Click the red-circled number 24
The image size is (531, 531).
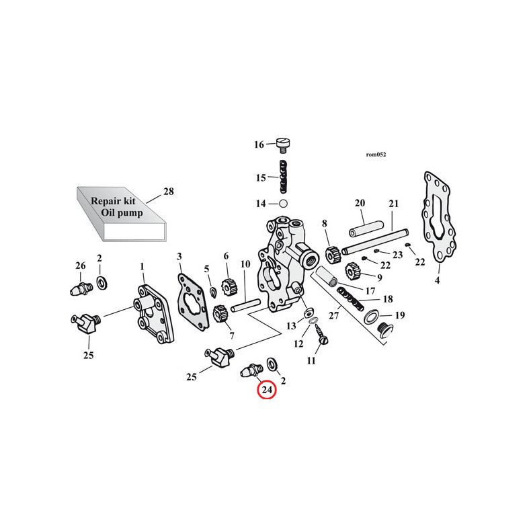tap(267, 390)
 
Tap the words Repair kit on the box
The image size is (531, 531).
tap(113, 201)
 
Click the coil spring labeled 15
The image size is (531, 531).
tap(284, 177)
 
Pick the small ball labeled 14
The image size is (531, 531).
tap(283, 203)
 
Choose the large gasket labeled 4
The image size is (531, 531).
tap(440, 222)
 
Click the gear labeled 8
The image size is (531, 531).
tap(330, 255)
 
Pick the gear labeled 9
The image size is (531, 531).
tap(352, 272)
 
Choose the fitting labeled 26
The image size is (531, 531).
tap(81, 290)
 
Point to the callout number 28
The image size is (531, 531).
tap(168, 192)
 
